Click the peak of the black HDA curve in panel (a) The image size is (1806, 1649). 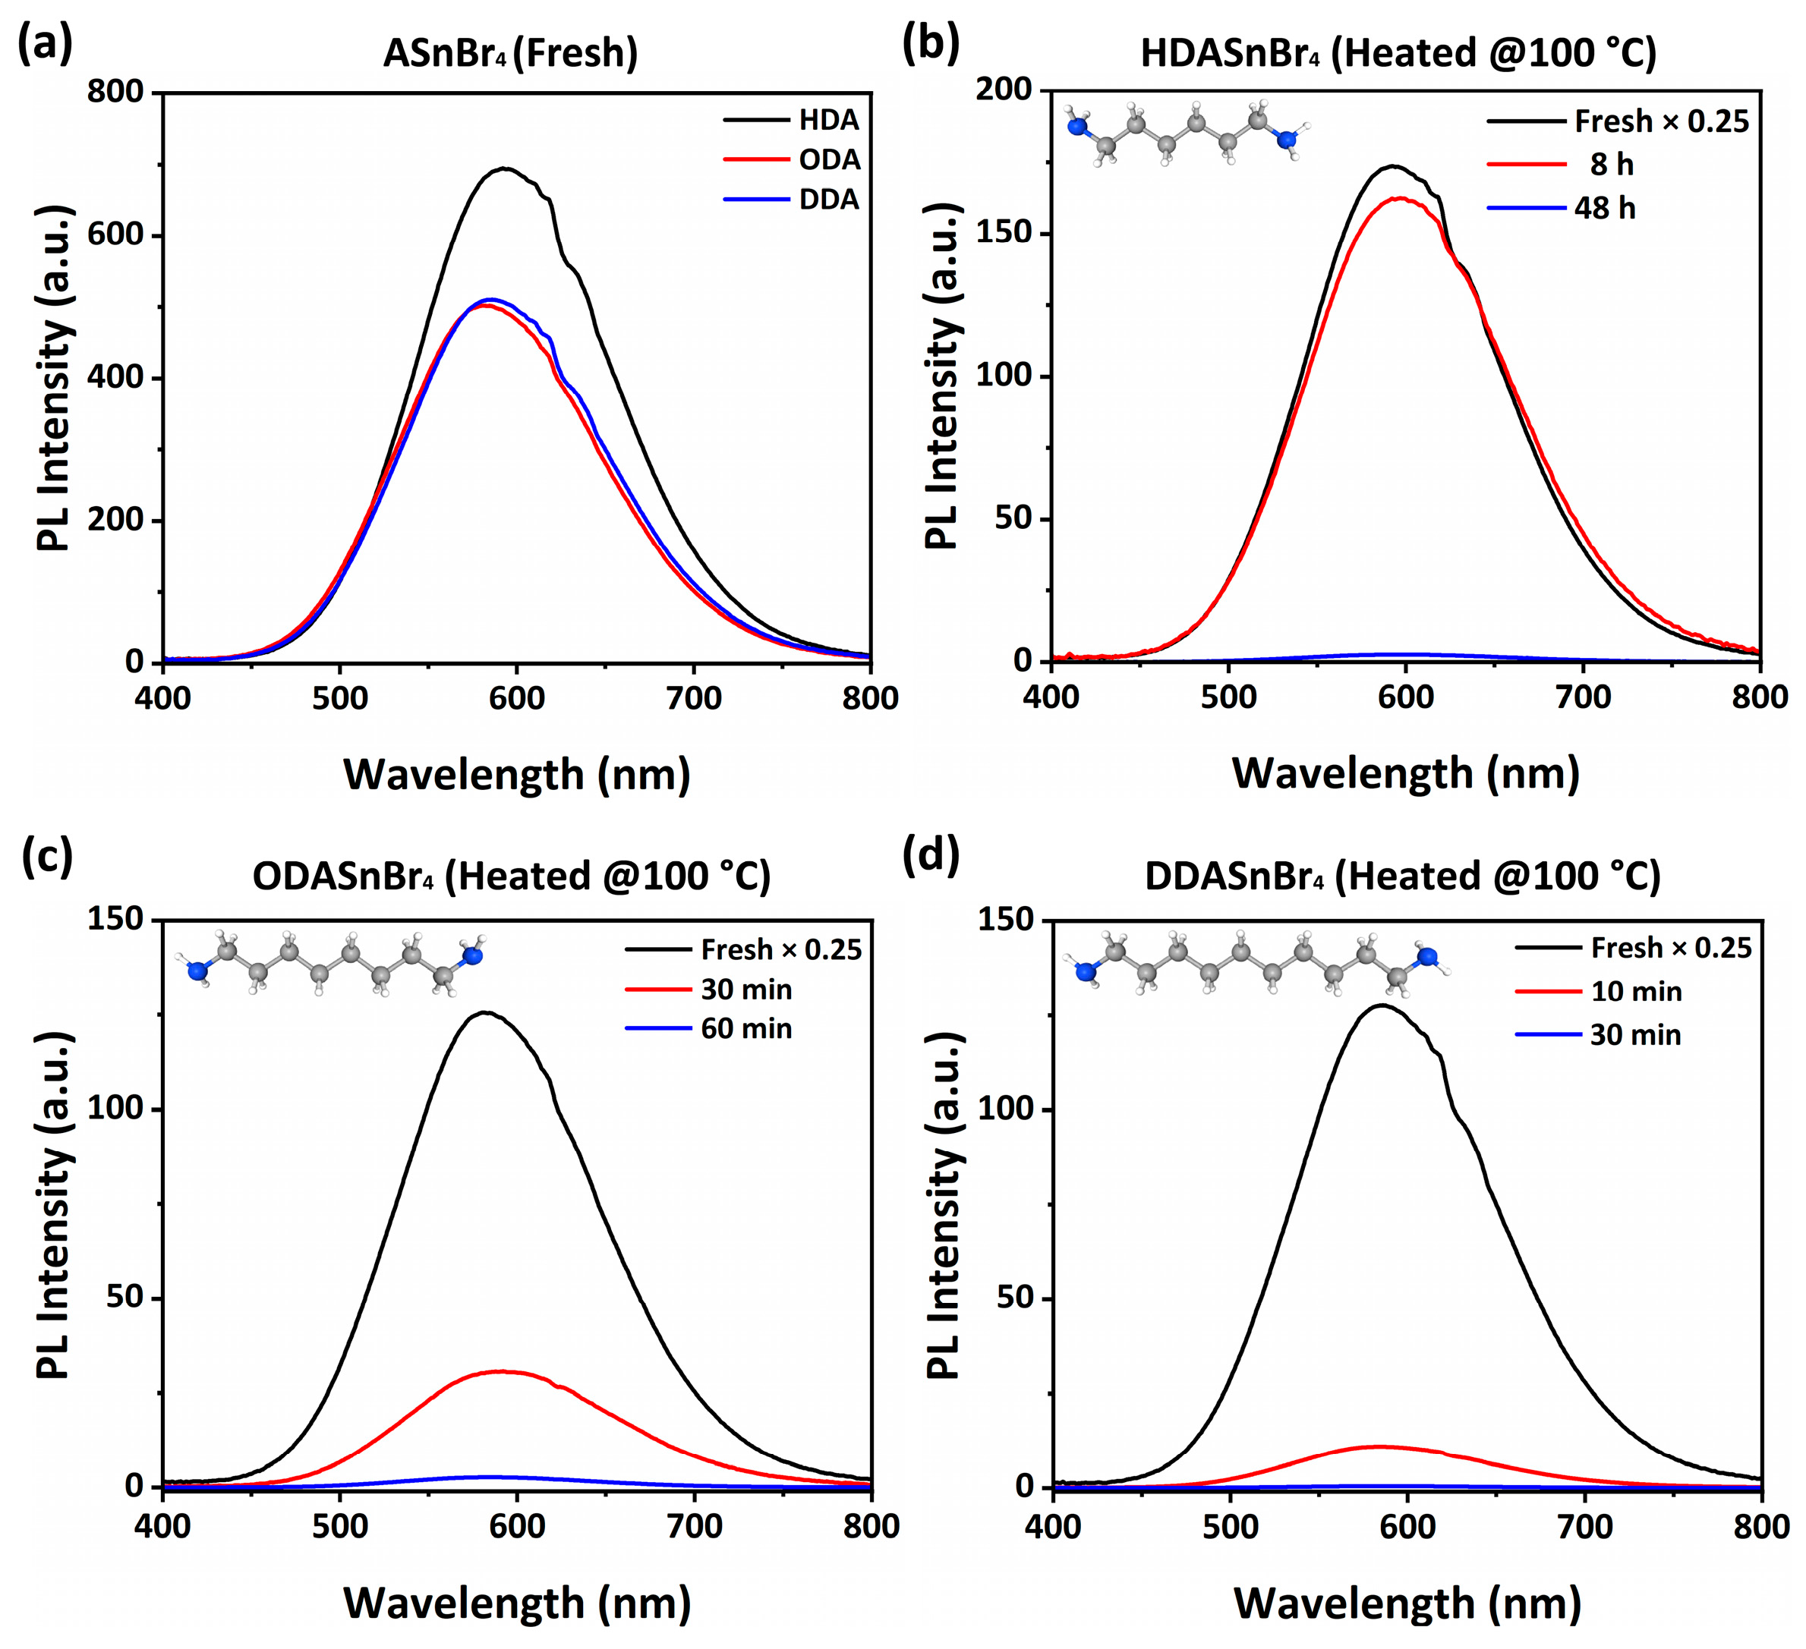tap(506, 168)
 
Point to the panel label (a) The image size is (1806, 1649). tap(45, 44)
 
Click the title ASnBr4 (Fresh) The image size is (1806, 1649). tap(511, 53)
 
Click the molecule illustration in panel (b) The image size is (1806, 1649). tap(1183, 134)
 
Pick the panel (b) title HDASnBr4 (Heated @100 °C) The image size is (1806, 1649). tap(1398, 53)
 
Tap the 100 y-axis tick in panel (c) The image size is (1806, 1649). tap(115, 1108)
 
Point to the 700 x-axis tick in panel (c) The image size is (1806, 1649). tap(695, 1526)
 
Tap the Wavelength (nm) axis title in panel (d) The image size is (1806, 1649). tap(1407, 1603)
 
